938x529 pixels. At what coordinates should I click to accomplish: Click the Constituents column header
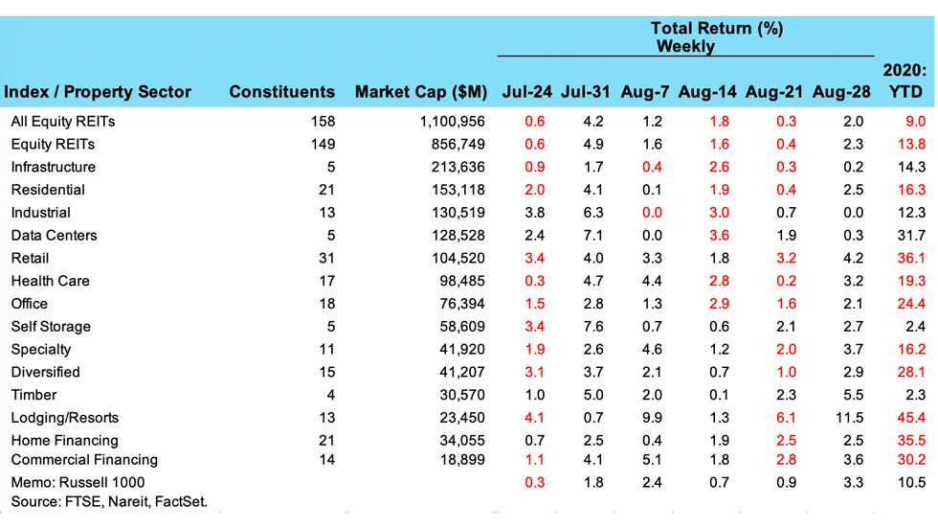click(x=282, y=93)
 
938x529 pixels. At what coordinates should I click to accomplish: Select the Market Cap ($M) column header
click(x=421, y=93)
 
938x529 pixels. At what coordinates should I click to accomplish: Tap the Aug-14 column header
click(x=707, y=93)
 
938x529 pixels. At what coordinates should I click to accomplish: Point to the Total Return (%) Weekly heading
click(x=716, y=37)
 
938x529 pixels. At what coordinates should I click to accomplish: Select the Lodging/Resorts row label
click(x=66, y=418)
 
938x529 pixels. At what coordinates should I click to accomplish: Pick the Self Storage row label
click(x=51, y=327)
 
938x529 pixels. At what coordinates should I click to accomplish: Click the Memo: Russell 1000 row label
click(x=78, y=482)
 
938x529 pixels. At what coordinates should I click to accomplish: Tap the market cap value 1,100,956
click(x=452, y=122)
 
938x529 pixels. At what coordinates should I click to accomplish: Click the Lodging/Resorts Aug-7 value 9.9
click(x=653, y=418)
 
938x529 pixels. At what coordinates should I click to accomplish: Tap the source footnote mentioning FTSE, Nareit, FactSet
click(x=109, y=501)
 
